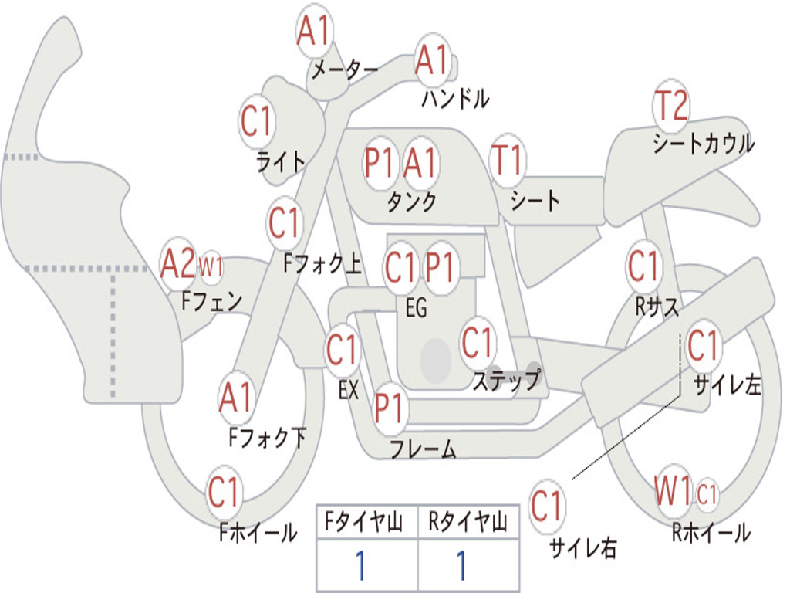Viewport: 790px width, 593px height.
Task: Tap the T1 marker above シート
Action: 508,161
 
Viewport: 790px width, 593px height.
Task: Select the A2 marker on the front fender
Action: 178,263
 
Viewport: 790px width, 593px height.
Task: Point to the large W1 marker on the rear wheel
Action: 673,490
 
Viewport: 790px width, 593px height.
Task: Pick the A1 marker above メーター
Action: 313,30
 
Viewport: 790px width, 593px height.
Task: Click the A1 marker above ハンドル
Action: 432,59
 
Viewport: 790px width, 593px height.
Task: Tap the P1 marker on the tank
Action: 379,162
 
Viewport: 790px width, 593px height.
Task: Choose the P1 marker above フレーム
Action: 390,408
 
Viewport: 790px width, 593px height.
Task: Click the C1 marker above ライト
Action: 257,121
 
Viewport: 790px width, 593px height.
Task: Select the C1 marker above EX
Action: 343,349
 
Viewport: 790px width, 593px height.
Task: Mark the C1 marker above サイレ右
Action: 547,505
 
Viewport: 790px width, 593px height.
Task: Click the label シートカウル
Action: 704,144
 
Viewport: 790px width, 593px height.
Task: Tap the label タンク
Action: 412,202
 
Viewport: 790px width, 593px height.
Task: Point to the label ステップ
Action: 507,380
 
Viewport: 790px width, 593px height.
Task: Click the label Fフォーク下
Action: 268,437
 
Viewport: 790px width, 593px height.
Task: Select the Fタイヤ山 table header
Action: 364,521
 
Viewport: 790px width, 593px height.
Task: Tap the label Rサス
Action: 657,306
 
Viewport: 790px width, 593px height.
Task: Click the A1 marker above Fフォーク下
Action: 236,397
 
